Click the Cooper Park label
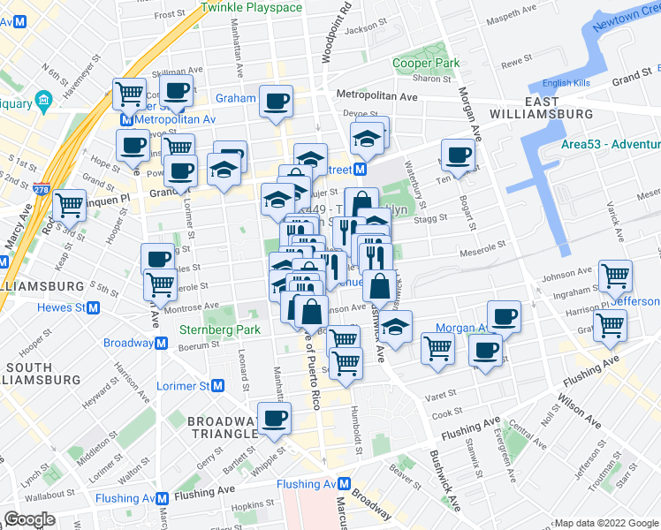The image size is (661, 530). [x=426, y=64]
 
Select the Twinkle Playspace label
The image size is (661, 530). [x=251, y=7]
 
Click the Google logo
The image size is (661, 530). [x=28, y=519]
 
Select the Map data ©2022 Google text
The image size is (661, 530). [x=605, y=523]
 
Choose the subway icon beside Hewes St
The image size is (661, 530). [x=92, y=307]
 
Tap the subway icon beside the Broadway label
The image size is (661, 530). [x=161, y=344]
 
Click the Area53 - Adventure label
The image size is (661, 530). [x=610, y=145]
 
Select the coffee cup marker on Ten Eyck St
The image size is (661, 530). [x=458, y=155]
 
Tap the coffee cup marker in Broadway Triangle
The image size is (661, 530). [x=273, y=417]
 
